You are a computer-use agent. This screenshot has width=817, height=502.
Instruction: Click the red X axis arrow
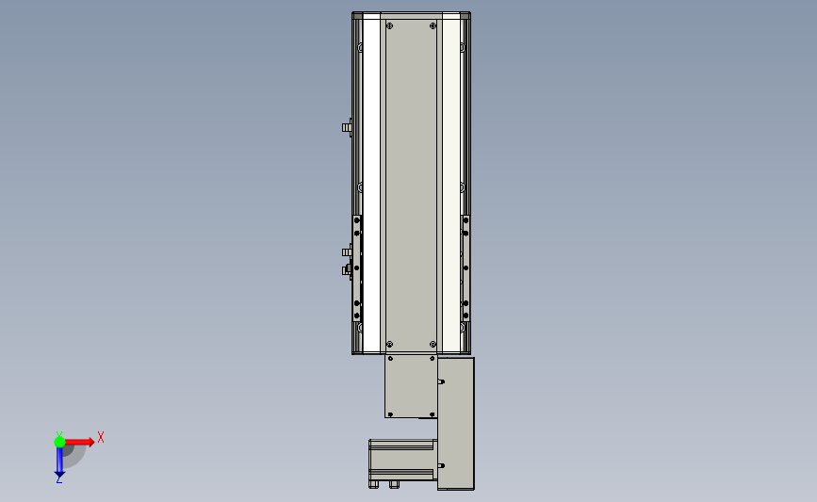(79, 442)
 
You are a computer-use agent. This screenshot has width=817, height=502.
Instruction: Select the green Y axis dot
(59, 442)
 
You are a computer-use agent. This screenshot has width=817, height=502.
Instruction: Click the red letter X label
(101, 437)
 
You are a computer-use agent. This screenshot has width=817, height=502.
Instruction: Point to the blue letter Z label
(58, 480)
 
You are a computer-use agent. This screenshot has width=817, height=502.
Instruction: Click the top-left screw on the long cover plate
(390, 26)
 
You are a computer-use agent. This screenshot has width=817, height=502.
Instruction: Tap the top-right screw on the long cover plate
(433, 26)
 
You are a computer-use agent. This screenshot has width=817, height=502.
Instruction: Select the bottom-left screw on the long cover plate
(390, 344)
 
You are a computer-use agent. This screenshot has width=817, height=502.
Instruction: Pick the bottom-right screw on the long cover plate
(433, 344)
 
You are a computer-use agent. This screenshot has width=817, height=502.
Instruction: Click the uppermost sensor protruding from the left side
(347, 127)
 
